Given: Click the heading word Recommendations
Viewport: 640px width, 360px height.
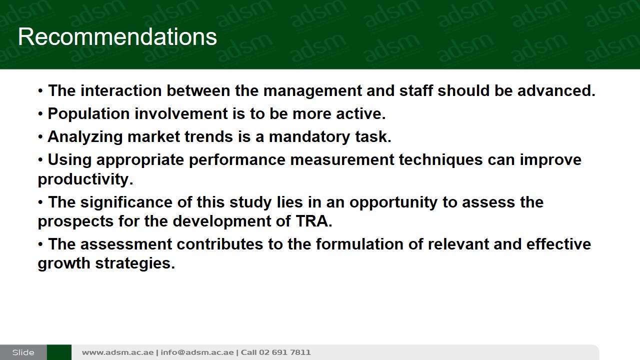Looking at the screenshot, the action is [x=117, y=37].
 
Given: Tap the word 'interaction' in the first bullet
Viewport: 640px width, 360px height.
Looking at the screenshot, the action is [x=121, y=90].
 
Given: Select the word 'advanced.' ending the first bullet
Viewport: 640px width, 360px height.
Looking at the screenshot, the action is [x=556, y=90].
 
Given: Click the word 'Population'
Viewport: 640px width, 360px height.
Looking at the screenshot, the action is [x=88, y=113].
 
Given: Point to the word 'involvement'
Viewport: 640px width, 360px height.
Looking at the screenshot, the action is [x=181, y=113].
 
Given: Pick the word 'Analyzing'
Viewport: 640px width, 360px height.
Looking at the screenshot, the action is [x=85, y=136].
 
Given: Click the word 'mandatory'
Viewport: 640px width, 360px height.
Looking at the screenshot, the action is [x=309, y=136].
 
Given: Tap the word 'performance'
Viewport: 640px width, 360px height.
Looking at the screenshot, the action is [x=237, y=159].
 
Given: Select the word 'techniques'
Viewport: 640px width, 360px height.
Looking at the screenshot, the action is [x=441, y=159].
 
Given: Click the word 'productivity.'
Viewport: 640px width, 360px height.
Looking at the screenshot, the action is [x=85, y=179].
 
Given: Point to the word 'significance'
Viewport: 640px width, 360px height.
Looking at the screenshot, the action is [x=126, y=202].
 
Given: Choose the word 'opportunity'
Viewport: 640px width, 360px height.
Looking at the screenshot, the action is [x=393, y=202].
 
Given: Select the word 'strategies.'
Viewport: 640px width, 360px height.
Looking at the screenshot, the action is [x=135, y=263].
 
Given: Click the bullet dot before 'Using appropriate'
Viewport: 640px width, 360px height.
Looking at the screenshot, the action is [x=40, y=160].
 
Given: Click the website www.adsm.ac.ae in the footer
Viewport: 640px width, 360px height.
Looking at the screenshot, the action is [x=117, y=352].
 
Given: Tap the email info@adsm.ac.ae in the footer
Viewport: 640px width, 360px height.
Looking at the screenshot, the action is [x=197, y=352].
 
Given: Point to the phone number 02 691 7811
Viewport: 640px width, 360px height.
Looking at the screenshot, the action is [x=284, y=352].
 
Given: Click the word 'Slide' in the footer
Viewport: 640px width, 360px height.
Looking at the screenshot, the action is [x=23, y=352].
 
